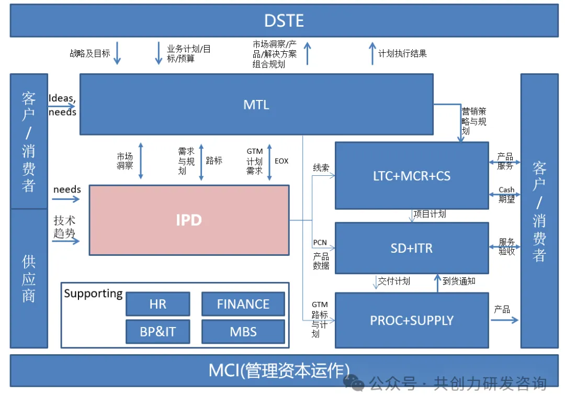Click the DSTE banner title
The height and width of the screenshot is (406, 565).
point(284,21)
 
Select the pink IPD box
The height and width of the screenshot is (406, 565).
point(189,220)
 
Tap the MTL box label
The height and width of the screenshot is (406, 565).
point(256,105)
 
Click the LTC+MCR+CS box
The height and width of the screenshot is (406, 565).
point(412,176)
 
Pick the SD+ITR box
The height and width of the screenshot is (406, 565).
point(412,248)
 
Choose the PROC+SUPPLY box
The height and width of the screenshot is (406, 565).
point(412,320)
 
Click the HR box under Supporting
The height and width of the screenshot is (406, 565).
point(157,304)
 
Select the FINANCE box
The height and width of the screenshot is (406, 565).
point(243,304)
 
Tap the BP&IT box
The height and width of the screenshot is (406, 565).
point(157,332)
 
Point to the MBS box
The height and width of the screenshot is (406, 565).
point(243,332)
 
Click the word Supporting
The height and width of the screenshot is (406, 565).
point(93,294)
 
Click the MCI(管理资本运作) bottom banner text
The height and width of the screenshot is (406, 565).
point(279,370)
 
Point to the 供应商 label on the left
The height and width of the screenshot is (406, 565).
point(29,278)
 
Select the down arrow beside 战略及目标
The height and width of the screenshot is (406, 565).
point(117,53)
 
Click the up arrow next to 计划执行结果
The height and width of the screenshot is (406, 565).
point(372,53)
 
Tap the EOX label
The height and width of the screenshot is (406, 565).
point(281,161)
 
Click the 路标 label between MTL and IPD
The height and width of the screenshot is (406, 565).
point(214,161)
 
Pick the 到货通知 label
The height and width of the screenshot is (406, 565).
point(459,281)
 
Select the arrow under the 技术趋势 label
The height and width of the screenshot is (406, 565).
point(66,241)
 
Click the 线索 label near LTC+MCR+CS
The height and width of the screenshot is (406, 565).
point(321,168)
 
